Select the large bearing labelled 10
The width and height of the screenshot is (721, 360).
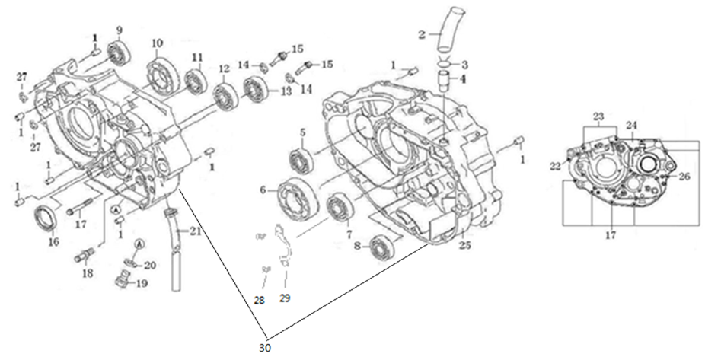163,69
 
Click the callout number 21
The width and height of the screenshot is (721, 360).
196,231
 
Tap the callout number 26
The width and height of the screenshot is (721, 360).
684,177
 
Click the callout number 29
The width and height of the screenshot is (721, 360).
286,297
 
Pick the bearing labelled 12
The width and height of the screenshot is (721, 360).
225,96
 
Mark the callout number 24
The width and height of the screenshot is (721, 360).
632,125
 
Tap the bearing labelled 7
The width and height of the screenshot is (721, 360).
337,208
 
